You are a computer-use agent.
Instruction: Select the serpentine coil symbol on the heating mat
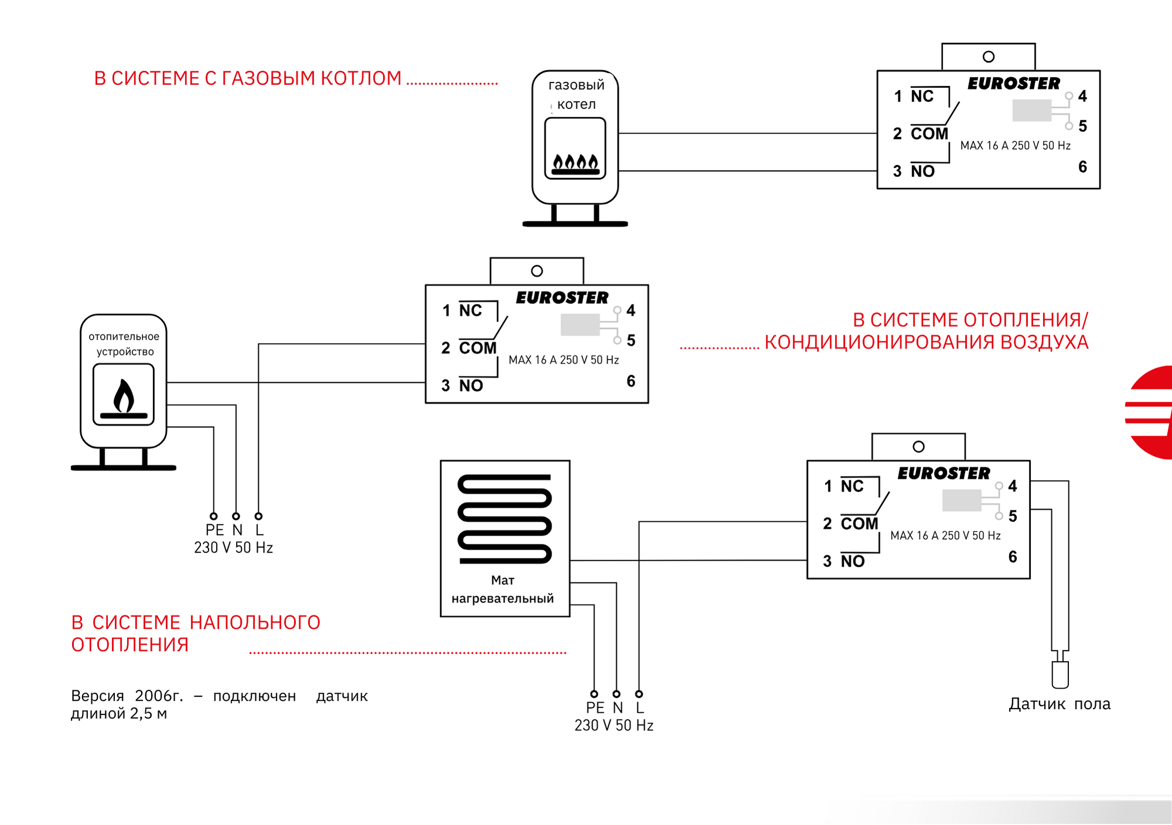tap(505, 519)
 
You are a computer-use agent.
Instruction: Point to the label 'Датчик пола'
tap(1059, 704)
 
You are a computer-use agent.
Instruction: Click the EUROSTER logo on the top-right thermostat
tap(1014, 84)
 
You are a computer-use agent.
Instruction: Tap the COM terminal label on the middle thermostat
tap(478, 348)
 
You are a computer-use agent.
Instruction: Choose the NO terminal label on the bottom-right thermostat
tap(853, 562)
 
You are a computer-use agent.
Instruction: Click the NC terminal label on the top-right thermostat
tap(922, 97)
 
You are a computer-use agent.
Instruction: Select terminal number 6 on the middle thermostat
tap(631, 381)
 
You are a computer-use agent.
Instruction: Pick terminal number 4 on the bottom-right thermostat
tap(1013, 486)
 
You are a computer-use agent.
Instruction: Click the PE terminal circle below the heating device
tap(214, 516)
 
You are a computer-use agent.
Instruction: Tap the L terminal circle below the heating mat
tap(639, 694)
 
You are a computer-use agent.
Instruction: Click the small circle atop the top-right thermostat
tap(989, 57)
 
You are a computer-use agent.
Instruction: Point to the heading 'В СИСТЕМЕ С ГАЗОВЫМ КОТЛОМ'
tap(248, 78)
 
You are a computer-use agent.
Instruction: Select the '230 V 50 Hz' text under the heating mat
tap(614, 725)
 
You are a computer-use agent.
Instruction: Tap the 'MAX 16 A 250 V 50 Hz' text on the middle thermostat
tap(564, 360)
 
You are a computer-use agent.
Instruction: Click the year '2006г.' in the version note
tap(159, 696)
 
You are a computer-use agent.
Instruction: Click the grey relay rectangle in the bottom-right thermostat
tap(962, 501)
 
